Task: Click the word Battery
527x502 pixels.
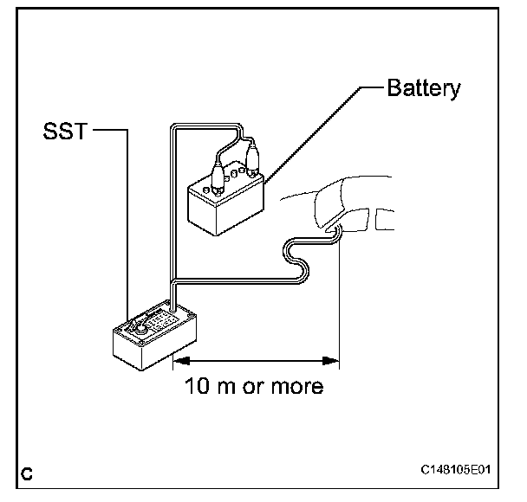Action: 424,89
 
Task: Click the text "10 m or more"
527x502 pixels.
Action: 254,385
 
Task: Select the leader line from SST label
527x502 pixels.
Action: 127,216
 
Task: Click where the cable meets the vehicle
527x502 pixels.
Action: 333,232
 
